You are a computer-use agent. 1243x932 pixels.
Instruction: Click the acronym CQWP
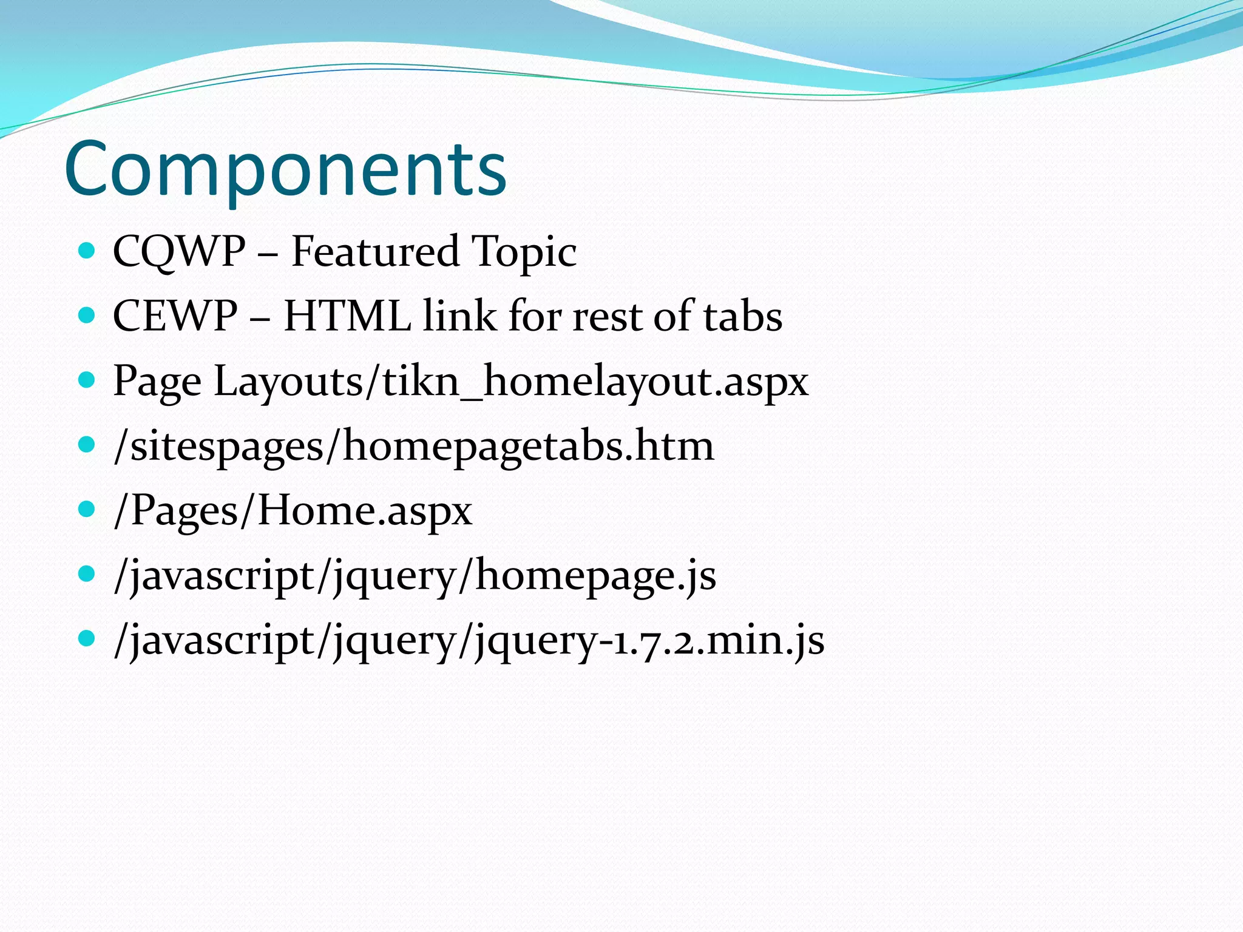click(179, 251)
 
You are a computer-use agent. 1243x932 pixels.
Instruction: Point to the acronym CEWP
click(175, 316)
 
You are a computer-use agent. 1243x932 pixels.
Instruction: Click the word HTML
click(347, 316)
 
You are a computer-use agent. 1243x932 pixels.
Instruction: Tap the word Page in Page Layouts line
click(157, 382)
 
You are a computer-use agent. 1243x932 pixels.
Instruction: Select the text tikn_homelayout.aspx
click(595, 382)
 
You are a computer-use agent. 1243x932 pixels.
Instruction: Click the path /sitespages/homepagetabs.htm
click(414, 447)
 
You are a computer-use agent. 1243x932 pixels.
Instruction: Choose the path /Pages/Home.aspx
click(293, 511)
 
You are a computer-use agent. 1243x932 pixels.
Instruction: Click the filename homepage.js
click(595, 576)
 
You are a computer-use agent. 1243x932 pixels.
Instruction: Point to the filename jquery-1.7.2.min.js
click(649, 641)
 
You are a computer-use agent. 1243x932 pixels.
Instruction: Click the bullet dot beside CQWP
click(87, 250)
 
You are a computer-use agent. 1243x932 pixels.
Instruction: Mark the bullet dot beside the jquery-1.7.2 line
click(87, 638)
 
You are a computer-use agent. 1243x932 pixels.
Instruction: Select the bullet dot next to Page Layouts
click(87, 380)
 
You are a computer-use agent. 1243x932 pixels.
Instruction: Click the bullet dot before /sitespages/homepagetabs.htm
click(87, 445)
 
